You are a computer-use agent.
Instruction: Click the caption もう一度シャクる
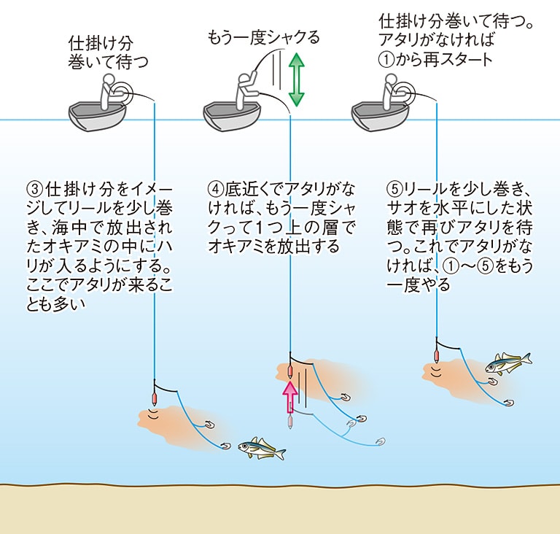tap(263, 37)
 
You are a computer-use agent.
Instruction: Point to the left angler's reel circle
tap(124, 92)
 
